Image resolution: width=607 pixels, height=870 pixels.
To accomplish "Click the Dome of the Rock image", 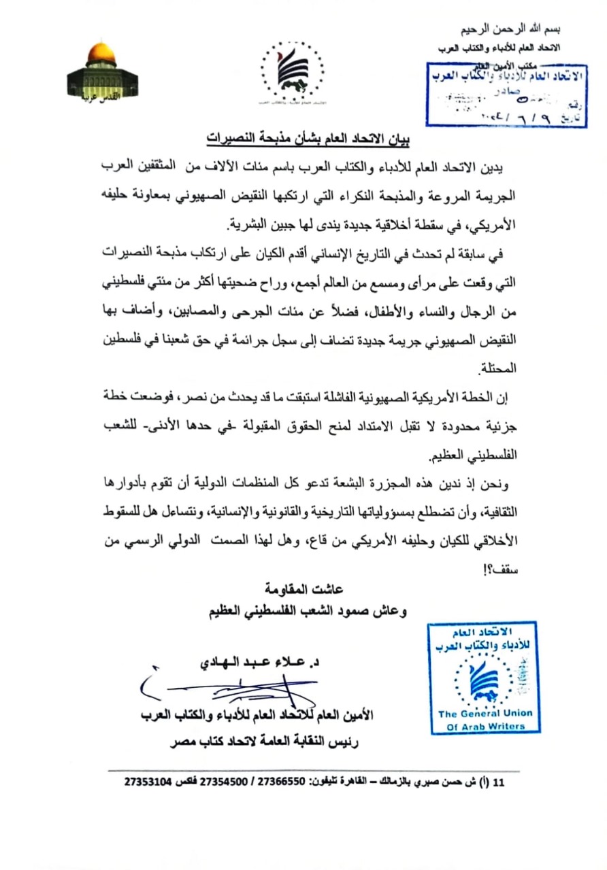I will pyautogui.click(x=101, y=72).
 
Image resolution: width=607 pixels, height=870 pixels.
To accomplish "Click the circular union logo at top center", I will pyautogui.click(x=293, y=71).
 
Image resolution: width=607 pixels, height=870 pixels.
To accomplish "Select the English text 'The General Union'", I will pyautogui.click(x=485, y=714).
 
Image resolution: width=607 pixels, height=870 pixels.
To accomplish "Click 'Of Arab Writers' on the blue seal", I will pyautogui.click(x=485, y=727).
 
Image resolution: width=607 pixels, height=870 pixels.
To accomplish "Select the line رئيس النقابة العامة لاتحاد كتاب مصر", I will pyautogui.click(x=280, y=743).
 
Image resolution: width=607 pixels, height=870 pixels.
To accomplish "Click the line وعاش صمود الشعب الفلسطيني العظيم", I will pyautogui.click(x=308, y=610).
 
